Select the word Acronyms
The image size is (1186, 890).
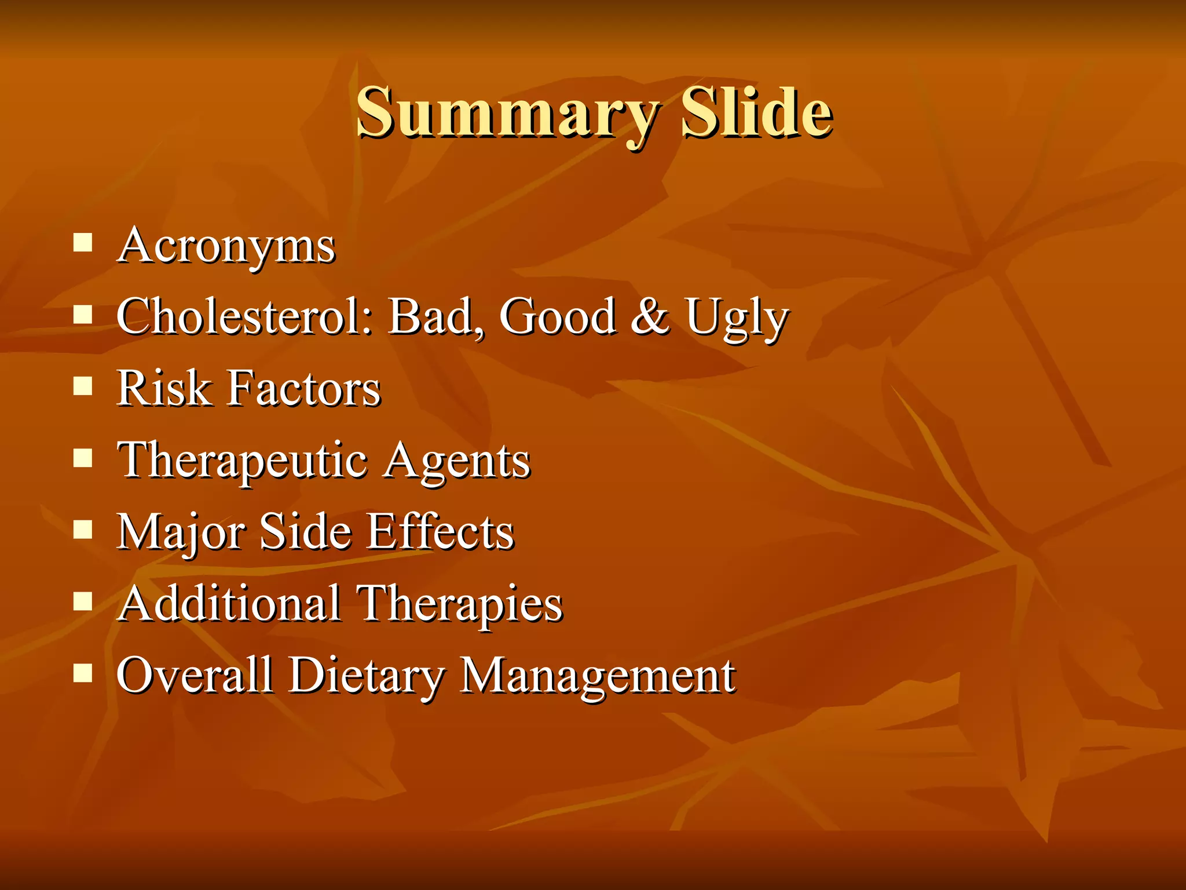226,246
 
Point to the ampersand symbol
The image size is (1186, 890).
650,317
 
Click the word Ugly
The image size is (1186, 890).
737,318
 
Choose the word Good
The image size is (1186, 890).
557,317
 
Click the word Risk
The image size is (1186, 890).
163,388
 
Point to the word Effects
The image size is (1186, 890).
440,531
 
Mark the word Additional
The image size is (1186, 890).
229,603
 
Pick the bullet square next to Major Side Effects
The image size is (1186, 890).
83,529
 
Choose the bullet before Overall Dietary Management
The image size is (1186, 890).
83,673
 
